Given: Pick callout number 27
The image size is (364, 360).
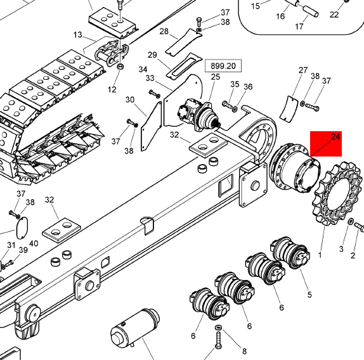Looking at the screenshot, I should click(302, 70).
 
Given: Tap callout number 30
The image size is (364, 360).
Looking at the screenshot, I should click(130, 100).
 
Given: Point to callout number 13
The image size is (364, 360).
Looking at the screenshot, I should click(79, 34).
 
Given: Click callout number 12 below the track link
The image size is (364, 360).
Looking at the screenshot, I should click(112, 89).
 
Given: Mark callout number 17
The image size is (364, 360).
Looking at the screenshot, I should click(299, 27).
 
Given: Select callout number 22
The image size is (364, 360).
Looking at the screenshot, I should click(334, 15).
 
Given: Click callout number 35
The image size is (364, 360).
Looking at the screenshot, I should click(235, 84).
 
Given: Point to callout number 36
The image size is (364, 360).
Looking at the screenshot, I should click(248, 87).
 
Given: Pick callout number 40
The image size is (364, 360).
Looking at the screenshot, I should click(34, 243).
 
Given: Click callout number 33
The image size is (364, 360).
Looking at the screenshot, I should click(150, 78).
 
